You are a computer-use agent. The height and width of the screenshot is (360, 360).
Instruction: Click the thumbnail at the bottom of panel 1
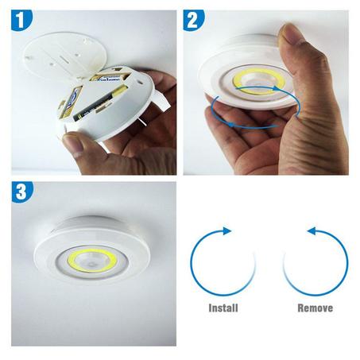[74, 143]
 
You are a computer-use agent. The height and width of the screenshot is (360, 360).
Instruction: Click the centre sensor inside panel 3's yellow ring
[95, 261]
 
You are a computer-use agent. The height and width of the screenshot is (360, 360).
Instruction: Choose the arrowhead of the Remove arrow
[311, 232]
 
